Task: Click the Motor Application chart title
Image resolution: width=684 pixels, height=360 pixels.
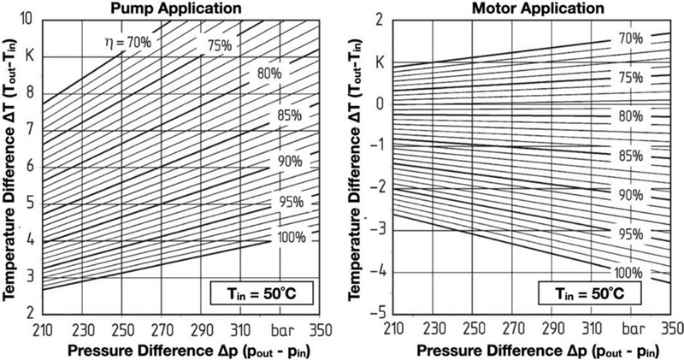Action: tap(529, 8)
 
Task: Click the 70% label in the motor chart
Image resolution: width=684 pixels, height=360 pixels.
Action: tap(631, 38)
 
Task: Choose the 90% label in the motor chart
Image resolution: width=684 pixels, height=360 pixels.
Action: tap(631, 195)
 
